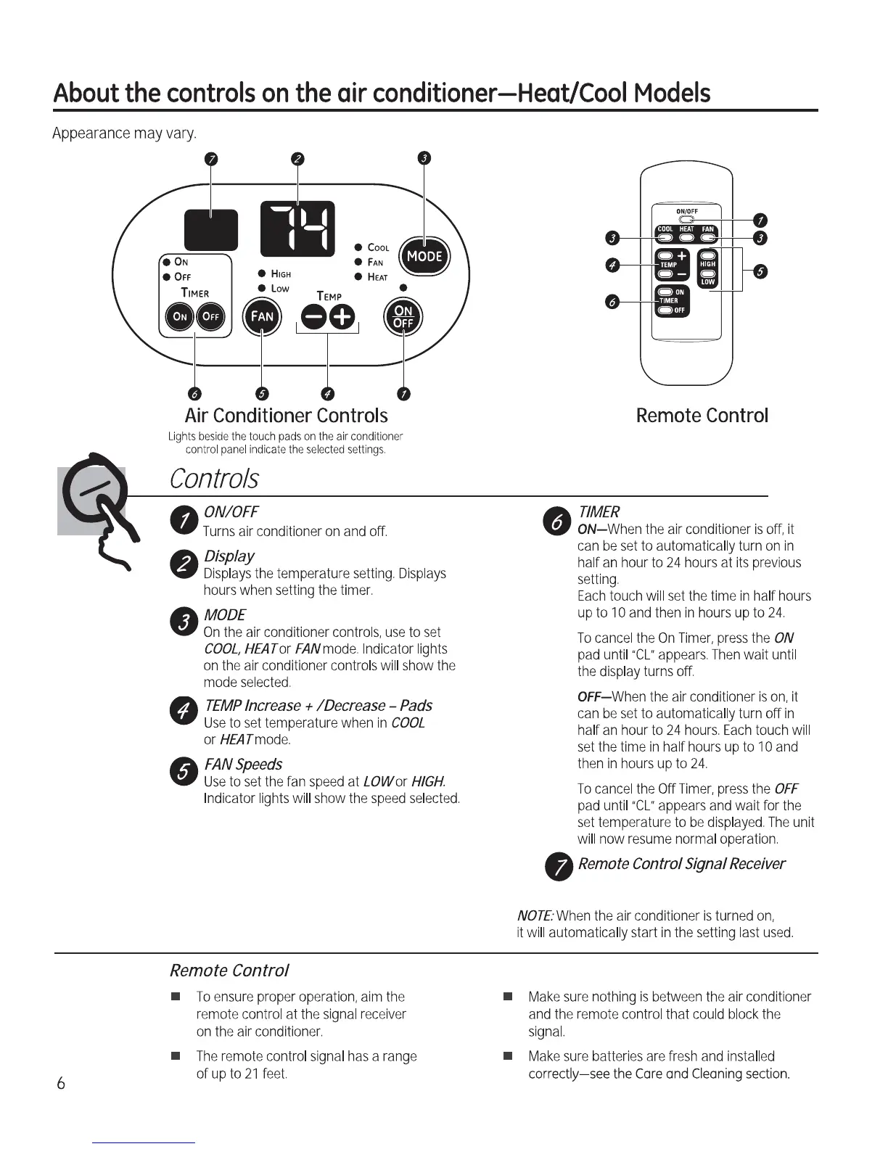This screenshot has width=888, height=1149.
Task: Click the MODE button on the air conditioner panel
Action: pyautogui.click(x=425, y=255)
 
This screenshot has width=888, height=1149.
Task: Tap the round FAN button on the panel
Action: pyautogui.click(x=262, y=317)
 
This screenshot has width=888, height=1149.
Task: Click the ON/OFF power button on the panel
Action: pyautogui.click(x=403, y=317)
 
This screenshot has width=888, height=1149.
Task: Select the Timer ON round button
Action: pyautogui.click(x=180, y=317)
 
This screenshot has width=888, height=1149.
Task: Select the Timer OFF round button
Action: pyautogui.click(x=211, y=317)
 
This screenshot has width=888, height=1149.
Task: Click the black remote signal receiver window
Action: pyautogui.click(x=210, y=228)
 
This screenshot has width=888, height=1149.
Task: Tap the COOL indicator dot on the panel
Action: pyautogui.click(x=358, y=247)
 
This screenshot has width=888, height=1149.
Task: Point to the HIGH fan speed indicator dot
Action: pyautogui.click(x=262, y=273)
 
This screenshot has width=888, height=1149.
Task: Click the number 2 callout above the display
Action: pyautogui.click(x=297, y=160)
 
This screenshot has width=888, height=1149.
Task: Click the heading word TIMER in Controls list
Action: pyautogui.click(x=599, y=511)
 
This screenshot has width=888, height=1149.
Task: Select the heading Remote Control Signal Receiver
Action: pyautogui.click(x=681, y=864)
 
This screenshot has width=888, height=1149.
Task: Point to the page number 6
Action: pyautogui.click(x=61, y=1084)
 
